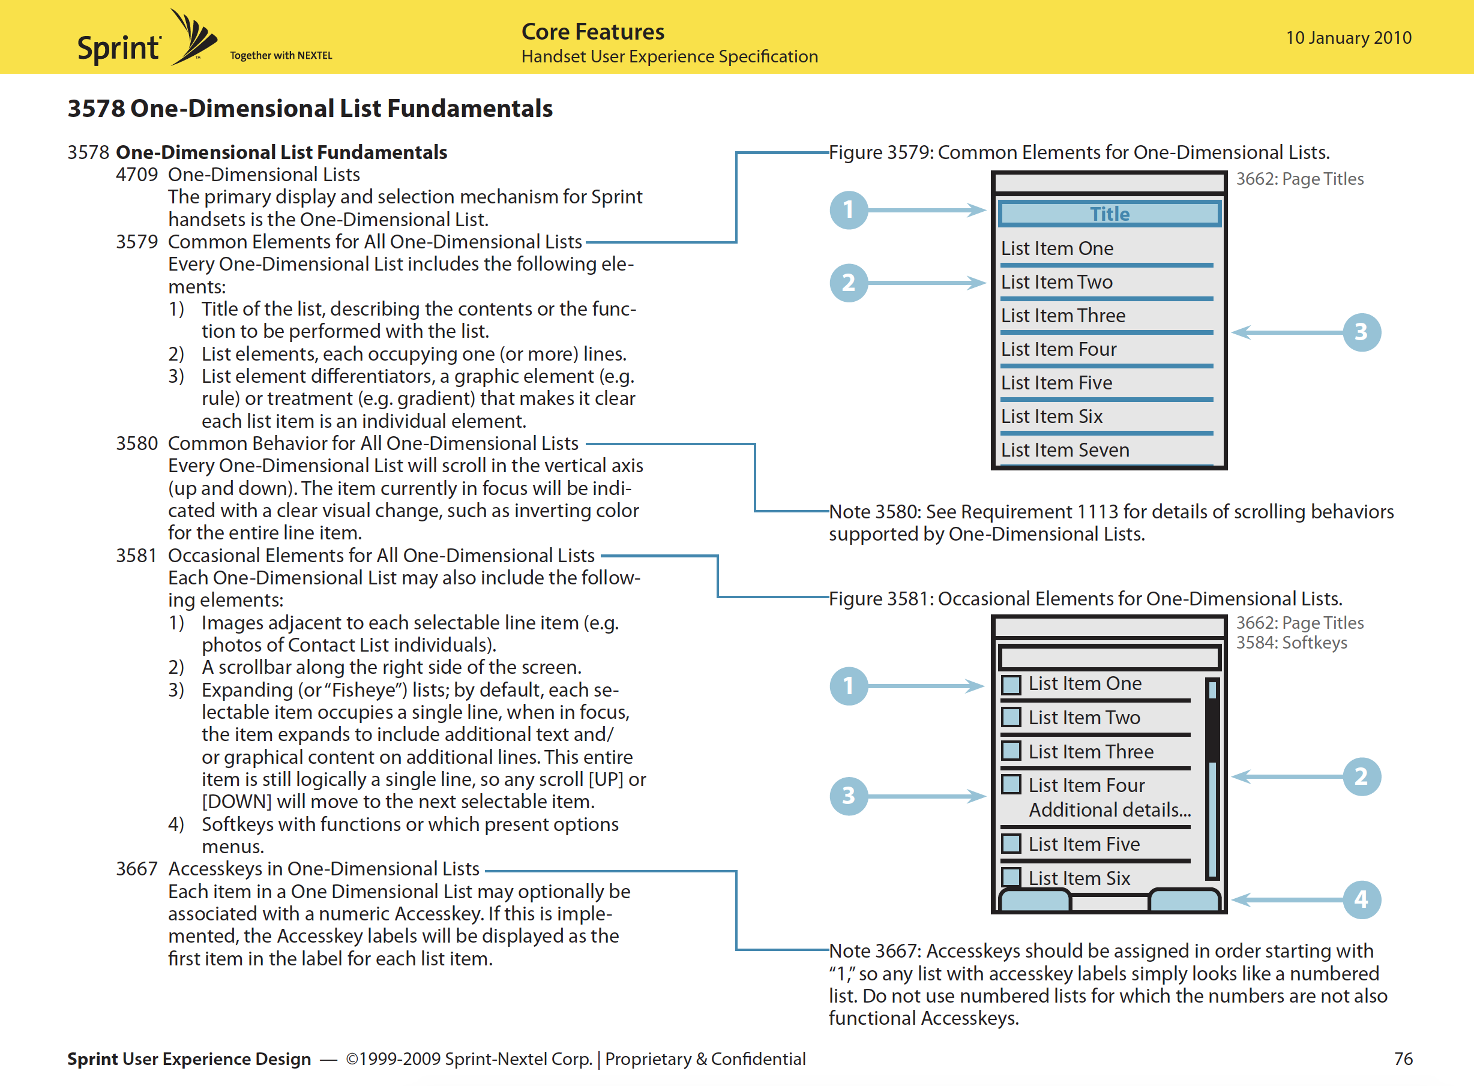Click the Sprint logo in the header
click(x=146, y=40)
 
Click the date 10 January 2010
click(x=1348, y=37)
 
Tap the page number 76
click(x=1403, y=1058)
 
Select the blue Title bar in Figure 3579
click(x=1109, y=214)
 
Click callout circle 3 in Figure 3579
click(x=1361, y=332)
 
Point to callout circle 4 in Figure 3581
click(x=1361, y=899)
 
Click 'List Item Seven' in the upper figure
click(x=1065, y=451)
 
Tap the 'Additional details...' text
click(x=1110, y=810)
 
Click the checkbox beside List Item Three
click(x=1011, y=751)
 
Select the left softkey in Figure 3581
click(x=1035, y=900)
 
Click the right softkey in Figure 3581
click(x=1184, y=900)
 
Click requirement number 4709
click(x=137, y=175)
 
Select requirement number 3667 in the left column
click(x=137, y=869)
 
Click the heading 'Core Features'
click(x=592, y=32)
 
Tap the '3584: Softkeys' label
click(x=1291, y=643)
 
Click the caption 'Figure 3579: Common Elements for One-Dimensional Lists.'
click(x=1079, y=152)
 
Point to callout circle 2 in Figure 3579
click(x=849, y=283)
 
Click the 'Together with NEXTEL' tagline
click(x=281, y=56)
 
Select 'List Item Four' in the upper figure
click(x=1059, y=350)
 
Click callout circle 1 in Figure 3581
click(x=849, y=686)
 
